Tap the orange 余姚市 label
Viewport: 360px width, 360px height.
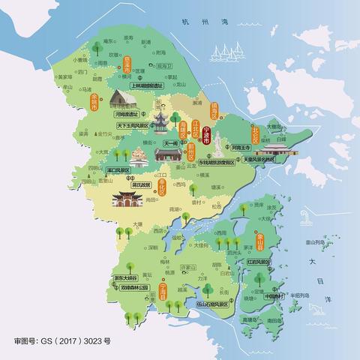94,101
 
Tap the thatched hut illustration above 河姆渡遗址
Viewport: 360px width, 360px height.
122,97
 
